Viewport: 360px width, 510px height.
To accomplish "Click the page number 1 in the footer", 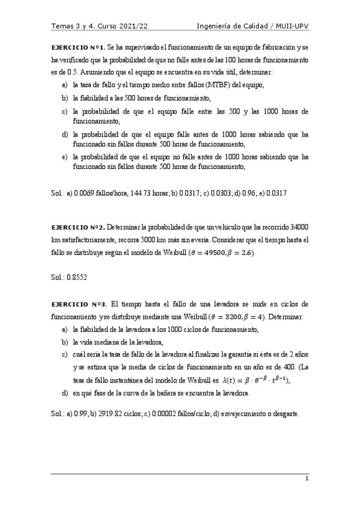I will coord(307,479).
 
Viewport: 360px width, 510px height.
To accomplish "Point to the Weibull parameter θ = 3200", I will coord(228,316).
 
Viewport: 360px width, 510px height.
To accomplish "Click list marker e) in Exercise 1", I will coord(64,156).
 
